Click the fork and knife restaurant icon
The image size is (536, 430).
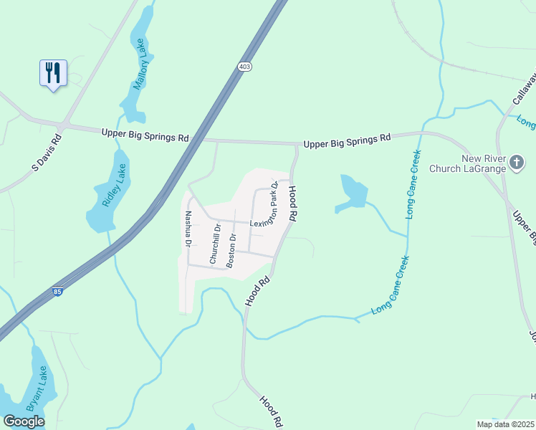(x=53, y=72)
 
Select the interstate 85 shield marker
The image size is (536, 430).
(x=57, y=292)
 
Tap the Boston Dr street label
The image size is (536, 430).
(x=231, y=250)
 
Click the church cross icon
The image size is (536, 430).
(x=516, y=163)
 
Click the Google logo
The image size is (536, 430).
(x=24, y=421)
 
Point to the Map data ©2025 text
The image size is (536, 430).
(x=505, y=424)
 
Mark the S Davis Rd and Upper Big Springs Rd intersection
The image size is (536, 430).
(x=63, y=125)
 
